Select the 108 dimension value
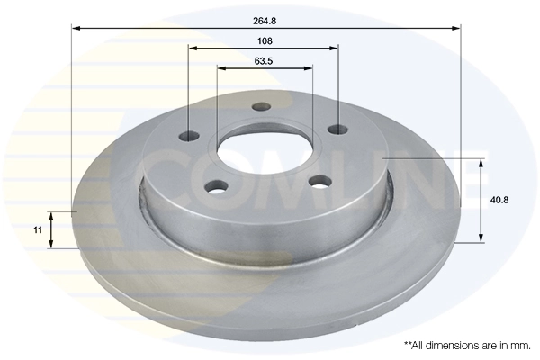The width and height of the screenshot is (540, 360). coord(265,40)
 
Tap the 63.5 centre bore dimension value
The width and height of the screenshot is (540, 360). coord(265,61)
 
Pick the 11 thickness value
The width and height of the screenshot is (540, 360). coord(37,230)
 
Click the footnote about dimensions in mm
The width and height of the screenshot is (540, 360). coord(466,345)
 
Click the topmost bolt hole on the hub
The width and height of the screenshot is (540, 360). coord(263,105)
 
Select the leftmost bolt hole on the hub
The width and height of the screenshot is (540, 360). coord(189,137)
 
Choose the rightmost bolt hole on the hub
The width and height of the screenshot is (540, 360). coord(339,129)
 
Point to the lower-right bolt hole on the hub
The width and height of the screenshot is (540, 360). coord(316,181)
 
